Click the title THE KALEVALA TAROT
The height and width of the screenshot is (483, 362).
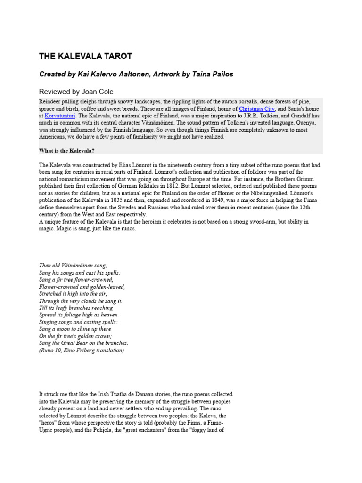pyautogui.click(x=85, y=57)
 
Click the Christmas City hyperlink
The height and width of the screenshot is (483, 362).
pyautogui.click(x=256, y=109)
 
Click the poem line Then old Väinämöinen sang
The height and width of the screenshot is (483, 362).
pyautogui.click(x=73, y=266)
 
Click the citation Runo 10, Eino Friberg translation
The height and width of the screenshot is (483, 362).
pyautogui.click(x=82, y=350)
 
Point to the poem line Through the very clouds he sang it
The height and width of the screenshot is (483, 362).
pyautogui.click(x=81, y=301)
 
